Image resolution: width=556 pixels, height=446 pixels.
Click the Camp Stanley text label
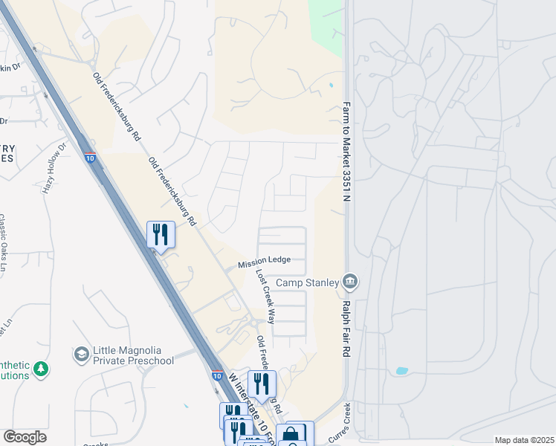[308, 282]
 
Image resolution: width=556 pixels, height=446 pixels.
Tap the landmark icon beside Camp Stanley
[351, 282]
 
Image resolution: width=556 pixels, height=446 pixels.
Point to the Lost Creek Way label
[266, 295]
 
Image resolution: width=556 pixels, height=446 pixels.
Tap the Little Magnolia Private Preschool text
[134, 356]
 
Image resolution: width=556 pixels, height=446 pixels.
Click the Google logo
[25, 437]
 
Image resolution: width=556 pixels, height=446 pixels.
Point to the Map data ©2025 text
[523, 440]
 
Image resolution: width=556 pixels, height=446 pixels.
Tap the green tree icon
[42, 369]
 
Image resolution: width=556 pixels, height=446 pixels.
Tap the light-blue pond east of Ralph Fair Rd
[402, 370]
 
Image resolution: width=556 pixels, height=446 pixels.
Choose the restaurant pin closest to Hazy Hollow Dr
[161, 235]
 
